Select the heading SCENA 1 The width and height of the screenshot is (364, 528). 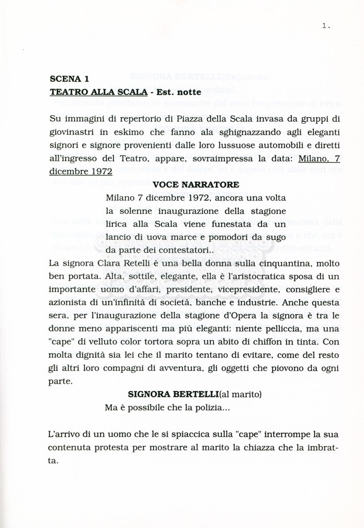tap(69, 79)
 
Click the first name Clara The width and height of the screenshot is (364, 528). tap(105, 263)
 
